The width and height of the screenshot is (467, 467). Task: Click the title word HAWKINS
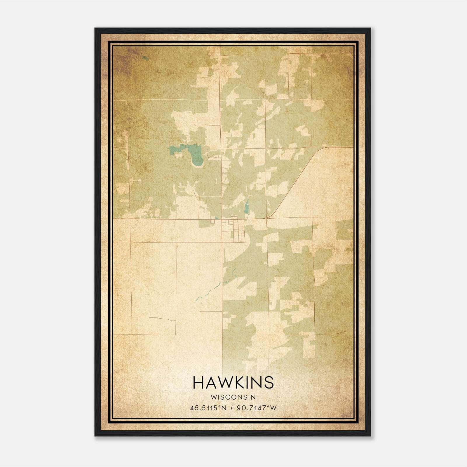click(x=233, y=382)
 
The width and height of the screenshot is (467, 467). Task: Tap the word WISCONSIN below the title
click(x=233, y=397)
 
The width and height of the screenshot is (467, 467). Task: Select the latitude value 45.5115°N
click(x=208, y=408)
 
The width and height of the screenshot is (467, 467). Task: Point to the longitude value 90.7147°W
click(x=256, y=408)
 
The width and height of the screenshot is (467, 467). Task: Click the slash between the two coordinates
click(x=231, y=408)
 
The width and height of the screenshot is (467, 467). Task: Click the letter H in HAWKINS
click(x=198, y=382)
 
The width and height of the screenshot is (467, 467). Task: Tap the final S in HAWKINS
click(x=269, y=382)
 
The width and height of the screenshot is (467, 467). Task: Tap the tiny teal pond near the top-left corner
click(x=145, y=58)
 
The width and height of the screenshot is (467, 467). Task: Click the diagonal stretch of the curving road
click(x=295, y=181)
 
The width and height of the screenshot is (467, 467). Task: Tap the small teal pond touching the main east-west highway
click(x=216, y=217)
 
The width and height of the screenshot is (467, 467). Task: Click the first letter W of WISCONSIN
click(x=213, y=397)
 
